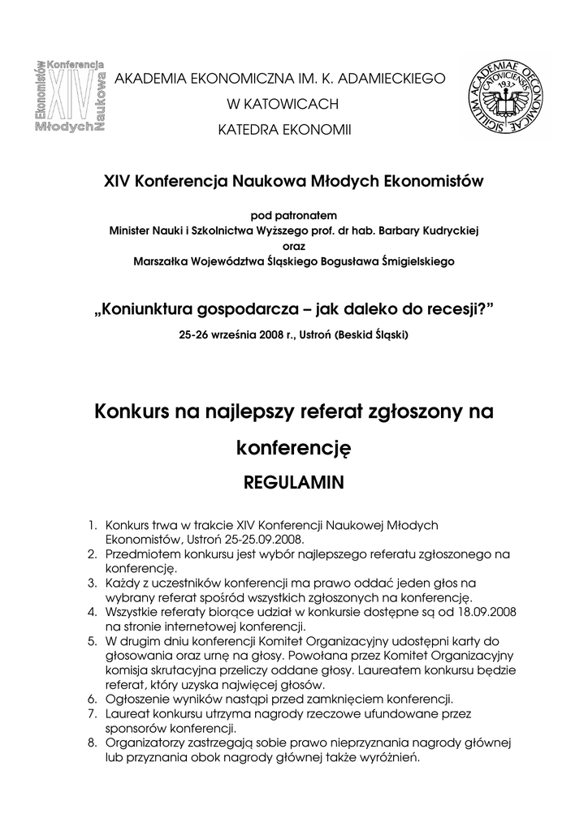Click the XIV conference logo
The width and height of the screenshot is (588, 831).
tap(71, 96)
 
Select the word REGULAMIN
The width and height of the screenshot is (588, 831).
tap(294, 483)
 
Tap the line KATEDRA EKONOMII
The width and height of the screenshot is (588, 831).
tap(282, 129)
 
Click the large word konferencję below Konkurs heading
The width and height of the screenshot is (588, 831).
tap(293, 447)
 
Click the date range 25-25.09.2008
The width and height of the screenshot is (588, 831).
tap(255, 539)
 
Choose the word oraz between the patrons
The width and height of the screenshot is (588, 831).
tap(293, 246)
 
